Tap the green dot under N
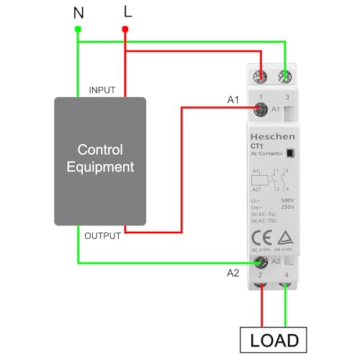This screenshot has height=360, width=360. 78,29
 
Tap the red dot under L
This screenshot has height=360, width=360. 125,30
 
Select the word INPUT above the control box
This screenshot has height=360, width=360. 102,90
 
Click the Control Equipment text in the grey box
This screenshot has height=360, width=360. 100,158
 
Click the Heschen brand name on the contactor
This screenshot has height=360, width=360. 268,135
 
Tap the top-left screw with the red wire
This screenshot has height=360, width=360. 259,73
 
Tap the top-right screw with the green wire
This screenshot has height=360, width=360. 287,73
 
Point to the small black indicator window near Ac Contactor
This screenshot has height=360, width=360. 289,153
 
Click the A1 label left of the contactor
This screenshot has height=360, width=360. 233,100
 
